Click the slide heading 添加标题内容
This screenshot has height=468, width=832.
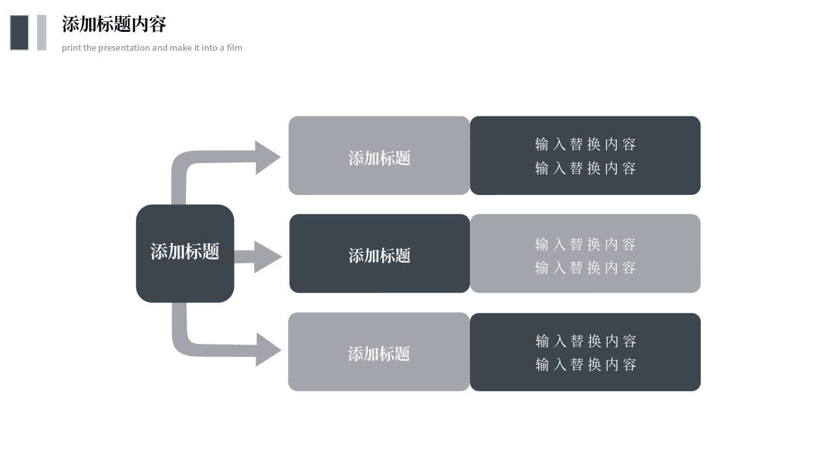(114, 25)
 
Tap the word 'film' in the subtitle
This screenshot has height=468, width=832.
(235, 47)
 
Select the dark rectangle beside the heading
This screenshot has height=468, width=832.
(19, 32)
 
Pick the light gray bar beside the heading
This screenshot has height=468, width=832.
(42, 32)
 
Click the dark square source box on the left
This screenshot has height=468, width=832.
(185, 253)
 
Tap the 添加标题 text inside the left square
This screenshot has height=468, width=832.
(185, 252)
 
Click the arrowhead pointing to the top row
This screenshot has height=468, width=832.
(267, 157)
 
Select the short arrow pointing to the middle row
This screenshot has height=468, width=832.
(258, 257)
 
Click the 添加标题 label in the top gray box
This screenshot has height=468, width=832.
(379, 158)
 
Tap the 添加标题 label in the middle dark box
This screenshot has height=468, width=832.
(379, 255)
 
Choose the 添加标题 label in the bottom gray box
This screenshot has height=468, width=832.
(379, 354)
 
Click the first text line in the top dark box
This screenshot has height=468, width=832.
(586, 144)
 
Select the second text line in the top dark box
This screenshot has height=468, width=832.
(586, 168)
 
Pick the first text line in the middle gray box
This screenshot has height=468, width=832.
(586, 244)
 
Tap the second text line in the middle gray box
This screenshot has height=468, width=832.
(586, 267)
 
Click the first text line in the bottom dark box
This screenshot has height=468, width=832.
(586, 341)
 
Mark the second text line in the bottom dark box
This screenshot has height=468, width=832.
(586, 365)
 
